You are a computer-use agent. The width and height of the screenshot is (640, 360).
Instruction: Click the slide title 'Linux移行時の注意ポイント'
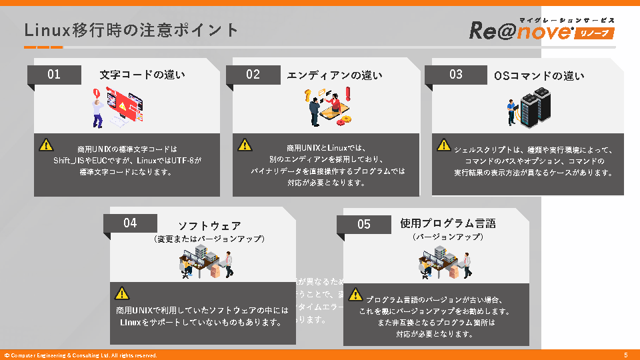131,30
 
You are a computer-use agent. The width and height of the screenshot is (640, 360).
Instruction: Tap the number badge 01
54,74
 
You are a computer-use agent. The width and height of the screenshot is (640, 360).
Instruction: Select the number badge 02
253,74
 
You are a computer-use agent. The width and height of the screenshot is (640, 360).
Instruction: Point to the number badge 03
455,74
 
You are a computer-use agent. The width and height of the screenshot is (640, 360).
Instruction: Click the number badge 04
130,223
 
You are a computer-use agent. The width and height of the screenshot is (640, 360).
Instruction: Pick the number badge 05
363,224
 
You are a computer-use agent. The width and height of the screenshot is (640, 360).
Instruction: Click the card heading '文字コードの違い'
142,75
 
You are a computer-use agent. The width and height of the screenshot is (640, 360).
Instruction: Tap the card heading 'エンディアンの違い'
335,75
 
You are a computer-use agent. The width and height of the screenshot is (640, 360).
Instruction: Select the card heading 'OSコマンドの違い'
539,76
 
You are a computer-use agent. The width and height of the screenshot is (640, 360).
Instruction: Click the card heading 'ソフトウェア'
209,225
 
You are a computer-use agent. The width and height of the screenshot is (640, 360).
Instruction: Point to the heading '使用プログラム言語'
447,223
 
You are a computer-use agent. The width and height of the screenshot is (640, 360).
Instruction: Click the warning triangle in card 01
45,144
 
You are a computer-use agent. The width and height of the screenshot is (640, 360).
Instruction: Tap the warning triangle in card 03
443,144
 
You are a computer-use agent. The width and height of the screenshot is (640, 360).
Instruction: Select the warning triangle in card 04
121,292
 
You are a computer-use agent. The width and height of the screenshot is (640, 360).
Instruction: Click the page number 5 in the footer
625,355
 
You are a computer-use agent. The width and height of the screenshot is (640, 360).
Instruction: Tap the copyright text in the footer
81,355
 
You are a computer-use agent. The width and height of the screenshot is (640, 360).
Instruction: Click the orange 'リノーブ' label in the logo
593,33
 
